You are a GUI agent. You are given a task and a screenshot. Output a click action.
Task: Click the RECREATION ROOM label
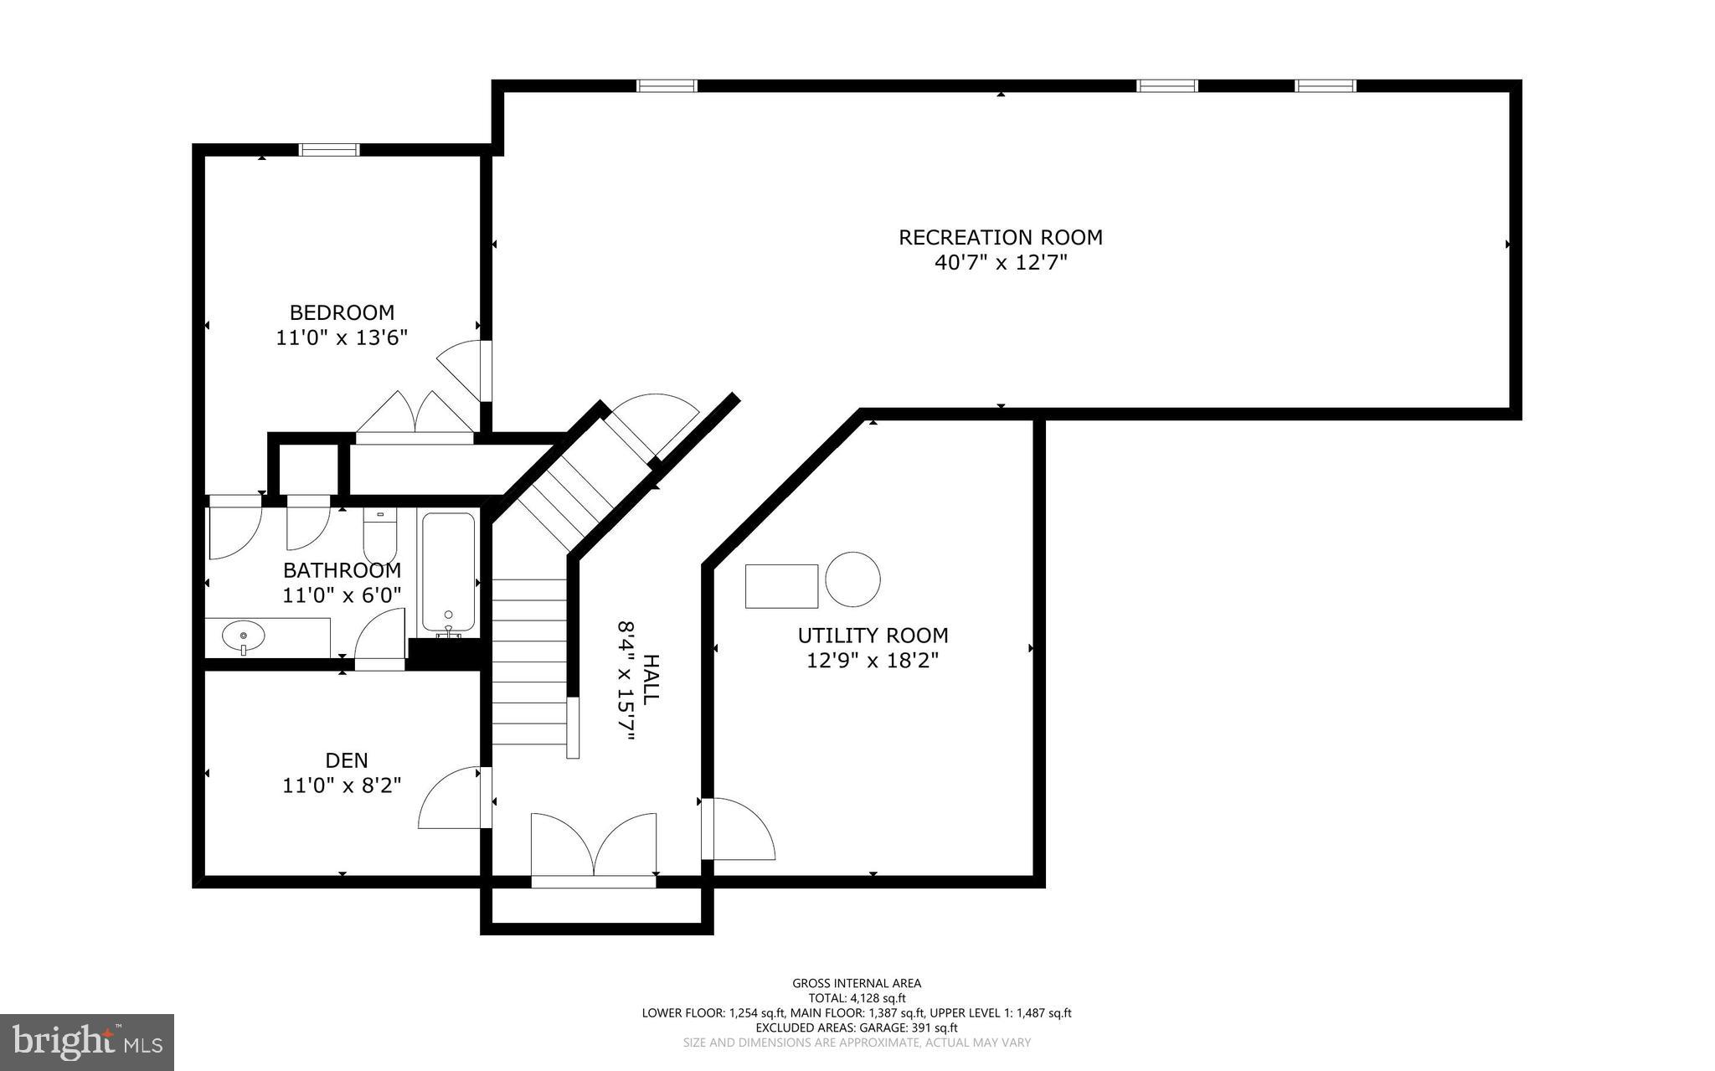[x=1000, y=238]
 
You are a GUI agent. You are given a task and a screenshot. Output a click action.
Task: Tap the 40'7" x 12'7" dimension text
[x=1000, y=263]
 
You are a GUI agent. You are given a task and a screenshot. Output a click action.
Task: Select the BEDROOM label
[x=342, y=313]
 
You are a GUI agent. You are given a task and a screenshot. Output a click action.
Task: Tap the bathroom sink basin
[x=243, y=637]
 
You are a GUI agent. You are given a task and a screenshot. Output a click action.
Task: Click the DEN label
[x=346, y=760]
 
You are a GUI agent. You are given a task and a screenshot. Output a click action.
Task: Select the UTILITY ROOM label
[x=873, y=636]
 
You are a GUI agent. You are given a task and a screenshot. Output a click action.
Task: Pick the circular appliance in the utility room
[x=852, y=579]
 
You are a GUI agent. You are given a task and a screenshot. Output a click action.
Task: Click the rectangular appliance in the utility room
[x=781, y=585]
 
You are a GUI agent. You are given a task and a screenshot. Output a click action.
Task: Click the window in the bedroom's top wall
[x=329, y=150]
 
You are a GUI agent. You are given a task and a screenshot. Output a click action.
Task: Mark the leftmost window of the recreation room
[x=667, y=85]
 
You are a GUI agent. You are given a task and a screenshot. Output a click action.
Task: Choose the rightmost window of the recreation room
[x=1325, y=85]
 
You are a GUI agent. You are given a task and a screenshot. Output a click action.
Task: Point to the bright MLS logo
[x=86, y=1042]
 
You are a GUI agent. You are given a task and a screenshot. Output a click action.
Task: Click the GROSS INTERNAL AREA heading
[x=856, y=983]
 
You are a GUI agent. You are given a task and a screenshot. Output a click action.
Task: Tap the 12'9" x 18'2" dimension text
[x=873, y=661]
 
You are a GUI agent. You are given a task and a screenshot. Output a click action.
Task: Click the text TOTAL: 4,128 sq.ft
[x=856, y=998]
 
